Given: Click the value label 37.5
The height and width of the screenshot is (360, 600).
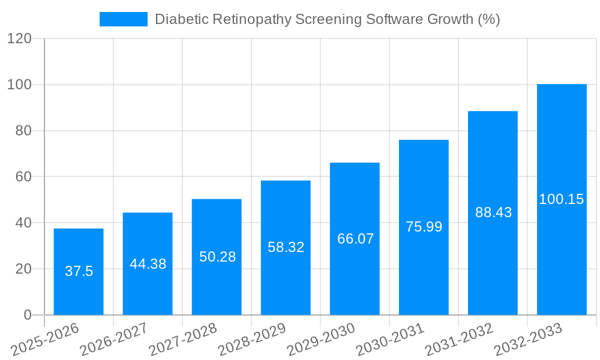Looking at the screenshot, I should coord(79,271).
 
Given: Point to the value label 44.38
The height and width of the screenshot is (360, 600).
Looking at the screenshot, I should coord(148,264).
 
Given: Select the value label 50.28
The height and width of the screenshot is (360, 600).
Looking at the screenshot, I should coord(217,257).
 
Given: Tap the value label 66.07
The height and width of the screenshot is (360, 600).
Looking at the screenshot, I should coord(355,239).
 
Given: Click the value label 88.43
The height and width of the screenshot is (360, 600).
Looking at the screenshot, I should coord(493,212).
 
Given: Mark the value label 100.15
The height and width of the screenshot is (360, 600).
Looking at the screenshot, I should coord(561,199).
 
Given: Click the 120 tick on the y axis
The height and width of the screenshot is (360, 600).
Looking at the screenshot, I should coord(19,38).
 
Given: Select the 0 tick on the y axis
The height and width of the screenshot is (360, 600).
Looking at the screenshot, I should coord(27,315).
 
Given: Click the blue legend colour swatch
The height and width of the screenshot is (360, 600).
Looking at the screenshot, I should coord(123,19).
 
